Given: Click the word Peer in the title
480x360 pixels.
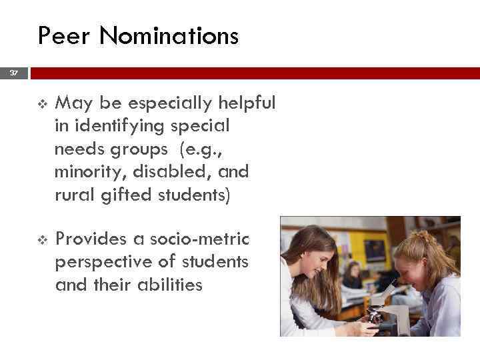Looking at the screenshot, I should (65, 35).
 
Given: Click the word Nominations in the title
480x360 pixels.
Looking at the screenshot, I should (169, 35).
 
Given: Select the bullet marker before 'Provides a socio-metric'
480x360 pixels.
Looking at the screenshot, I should (42, 238).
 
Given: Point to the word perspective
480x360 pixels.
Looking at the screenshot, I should (103, 261).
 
